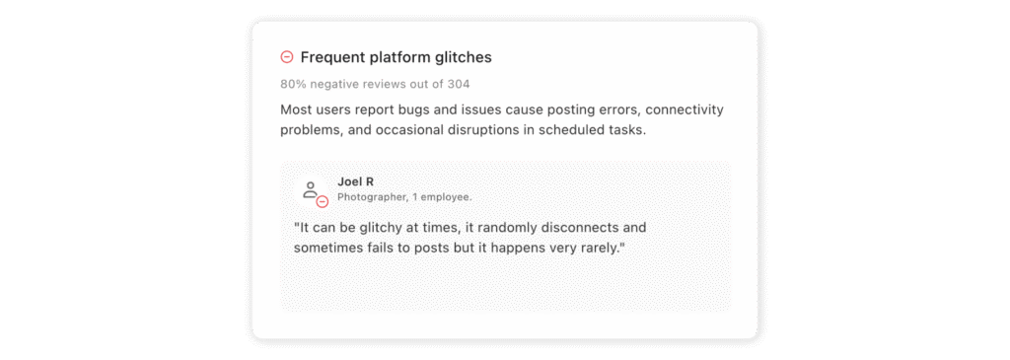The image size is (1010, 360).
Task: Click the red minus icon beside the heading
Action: point(287,57)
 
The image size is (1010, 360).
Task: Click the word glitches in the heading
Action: point(464,57)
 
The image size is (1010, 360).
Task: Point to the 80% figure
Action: point(293,84)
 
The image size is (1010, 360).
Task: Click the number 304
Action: point(459,84)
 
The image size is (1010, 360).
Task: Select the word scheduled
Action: point(566,131)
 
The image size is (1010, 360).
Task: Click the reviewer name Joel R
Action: point(355,181)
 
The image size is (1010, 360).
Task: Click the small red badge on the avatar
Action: point(322,202)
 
